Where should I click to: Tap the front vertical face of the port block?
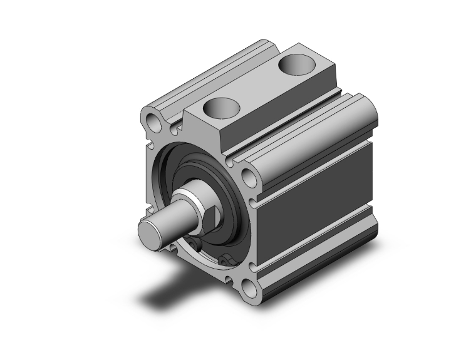[x=200, y=131]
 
